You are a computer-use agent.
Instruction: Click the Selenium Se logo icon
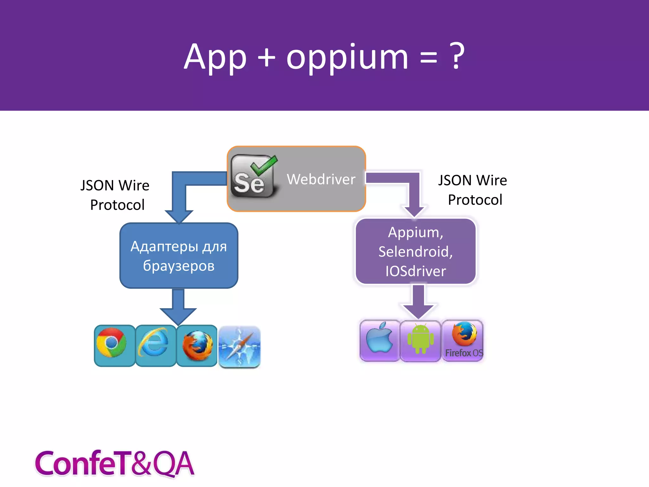tap(253, 176)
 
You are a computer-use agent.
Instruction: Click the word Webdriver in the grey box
tap(321, 179)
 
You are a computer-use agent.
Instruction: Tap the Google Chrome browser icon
tap(112, 343)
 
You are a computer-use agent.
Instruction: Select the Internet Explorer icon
tap(154, 343)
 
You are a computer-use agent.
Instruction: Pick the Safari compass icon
tap(240, 347)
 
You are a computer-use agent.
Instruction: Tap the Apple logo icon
tap(379, 339)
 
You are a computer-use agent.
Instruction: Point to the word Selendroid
tap(415, 252)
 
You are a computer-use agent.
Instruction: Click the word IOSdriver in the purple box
tap(415, 271)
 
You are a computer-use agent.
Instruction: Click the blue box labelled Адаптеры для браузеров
tap(179, 256)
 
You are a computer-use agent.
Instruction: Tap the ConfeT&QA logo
tap(114, 463)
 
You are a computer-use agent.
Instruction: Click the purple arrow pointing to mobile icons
tap(418, 301)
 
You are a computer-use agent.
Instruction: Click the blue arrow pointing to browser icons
tap(178, 306)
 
